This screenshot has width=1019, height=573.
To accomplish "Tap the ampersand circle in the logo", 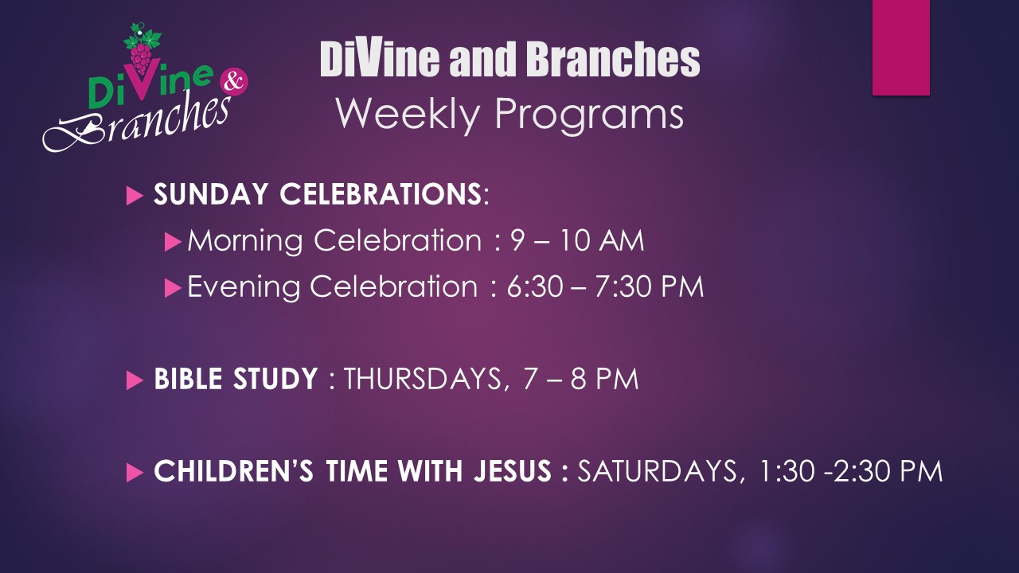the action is (x=234, y=82).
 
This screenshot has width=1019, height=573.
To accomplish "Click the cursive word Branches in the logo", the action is (x=136, y=122).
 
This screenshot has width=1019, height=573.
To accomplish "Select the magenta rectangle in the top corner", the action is (x=900, y=47).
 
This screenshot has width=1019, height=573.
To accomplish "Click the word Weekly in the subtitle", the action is (x=408, y=114).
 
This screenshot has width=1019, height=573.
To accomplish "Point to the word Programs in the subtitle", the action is (x=589, y=115).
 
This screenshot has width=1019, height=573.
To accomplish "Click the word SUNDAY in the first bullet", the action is (x=211, y=194).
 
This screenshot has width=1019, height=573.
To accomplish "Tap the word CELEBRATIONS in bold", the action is (x=381, y=194).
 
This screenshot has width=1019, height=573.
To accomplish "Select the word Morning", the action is (x=245, y=241).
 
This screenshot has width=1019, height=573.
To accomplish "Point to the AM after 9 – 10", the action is (x=622, y=240).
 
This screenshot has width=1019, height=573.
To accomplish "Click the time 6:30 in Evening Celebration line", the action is (x=535, y=287).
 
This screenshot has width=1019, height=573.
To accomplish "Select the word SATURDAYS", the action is (x=657, y=472).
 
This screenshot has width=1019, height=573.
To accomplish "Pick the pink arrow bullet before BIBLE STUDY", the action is (x=135, y=380).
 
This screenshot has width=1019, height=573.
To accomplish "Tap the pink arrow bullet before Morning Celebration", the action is (x=173, y=242).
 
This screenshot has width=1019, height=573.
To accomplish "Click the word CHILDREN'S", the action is (x=234, y=470).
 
